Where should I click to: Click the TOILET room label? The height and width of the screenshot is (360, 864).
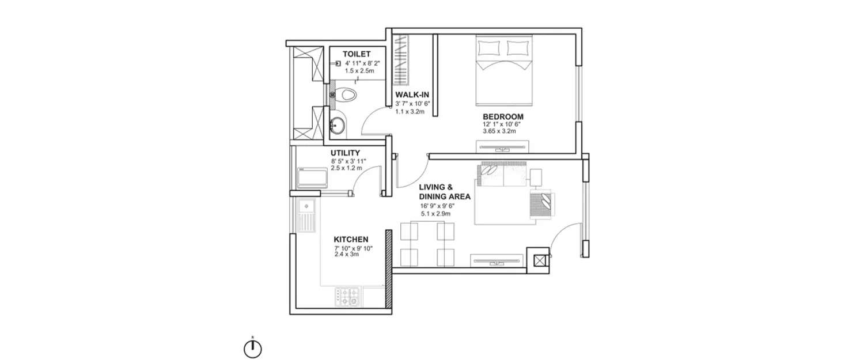(355, 54)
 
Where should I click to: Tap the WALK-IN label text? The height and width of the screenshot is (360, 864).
(411, 95)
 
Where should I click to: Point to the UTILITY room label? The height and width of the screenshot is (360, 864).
(345, 153)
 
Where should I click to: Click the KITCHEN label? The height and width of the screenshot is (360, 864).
(351, 240)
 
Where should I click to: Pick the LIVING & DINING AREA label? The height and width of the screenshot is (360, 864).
(444, 192)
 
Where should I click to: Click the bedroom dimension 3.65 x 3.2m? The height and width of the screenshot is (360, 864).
(499, 131)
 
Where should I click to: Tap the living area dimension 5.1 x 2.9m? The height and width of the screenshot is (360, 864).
(435, 214)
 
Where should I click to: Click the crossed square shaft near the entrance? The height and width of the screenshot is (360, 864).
(539, 261)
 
